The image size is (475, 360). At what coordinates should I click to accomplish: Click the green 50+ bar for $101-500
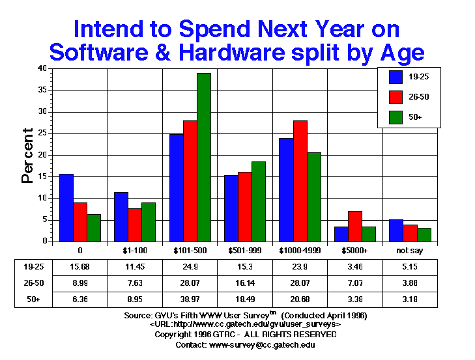coord(204,157)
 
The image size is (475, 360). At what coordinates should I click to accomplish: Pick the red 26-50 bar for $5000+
coord(354,226)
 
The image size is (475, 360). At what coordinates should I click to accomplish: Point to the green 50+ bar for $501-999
coord(259,201)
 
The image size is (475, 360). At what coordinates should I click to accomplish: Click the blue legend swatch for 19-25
coord(396,77)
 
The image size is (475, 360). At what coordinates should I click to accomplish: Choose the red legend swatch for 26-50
coord(396,98)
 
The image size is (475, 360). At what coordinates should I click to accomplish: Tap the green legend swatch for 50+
coord(396,118)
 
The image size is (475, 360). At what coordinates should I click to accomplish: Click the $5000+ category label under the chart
coord(354,249)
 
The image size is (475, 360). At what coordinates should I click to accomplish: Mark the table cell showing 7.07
coord(354,283)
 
